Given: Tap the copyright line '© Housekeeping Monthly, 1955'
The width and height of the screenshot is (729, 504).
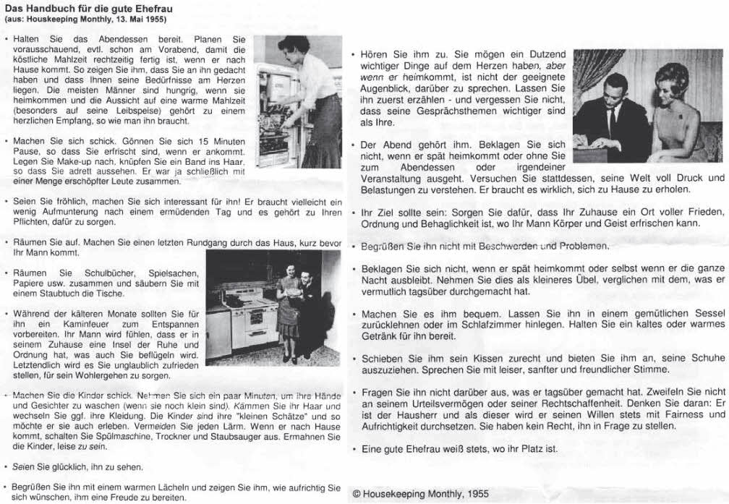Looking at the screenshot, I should click(x=420, y=494).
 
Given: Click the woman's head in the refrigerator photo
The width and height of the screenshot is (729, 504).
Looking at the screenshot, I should click(x=295, y=47).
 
